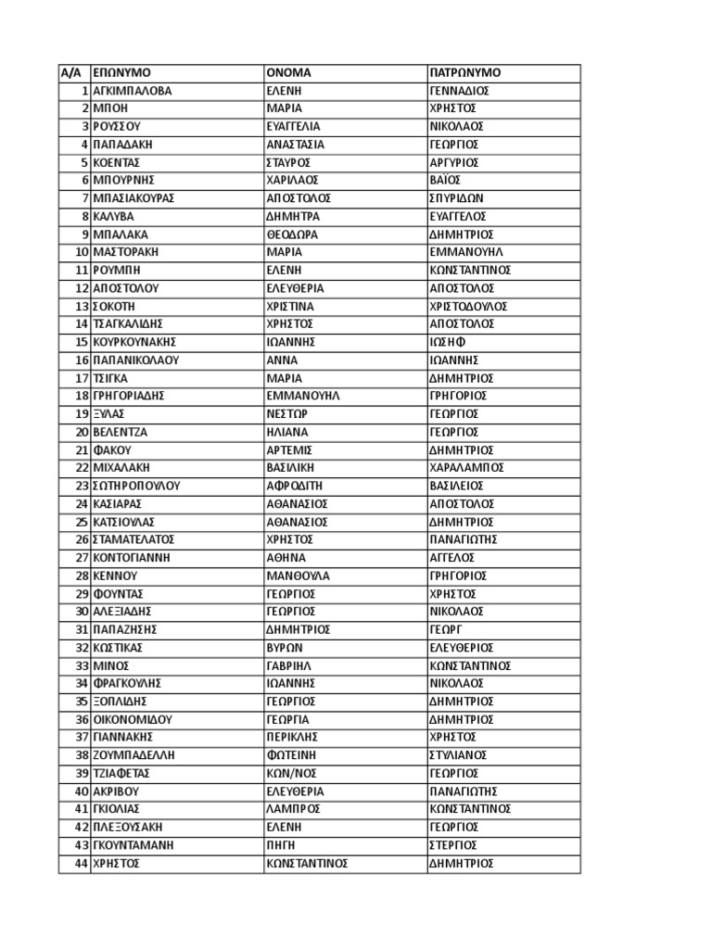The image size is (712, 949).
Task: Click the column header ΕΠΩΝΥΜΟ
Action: [x=121, y=72]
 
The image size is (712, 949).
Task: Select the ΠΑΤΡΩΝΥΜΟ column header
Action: [x=465, y=72]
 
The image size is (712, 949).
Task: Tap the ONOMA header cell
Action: [x=288, y=72]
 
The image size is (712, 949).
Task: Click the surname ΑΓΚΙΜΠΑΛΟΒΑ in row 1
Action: [x=133, y=91]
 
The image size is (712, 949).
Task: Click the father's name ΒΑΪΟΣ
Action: [x=446, y=181]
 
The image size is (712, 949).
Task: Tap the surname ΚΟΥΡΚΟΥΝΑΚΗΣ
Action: [x=134, y=342]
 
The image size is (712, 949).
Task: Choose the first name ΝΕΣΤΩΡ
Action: [x=286, y=413]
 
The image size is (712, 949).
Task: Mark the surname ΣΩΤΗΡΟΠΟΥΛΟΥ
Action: [x=136, y=486]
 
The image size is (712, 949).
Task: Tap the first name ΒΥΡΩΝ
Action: [x=284, y=648]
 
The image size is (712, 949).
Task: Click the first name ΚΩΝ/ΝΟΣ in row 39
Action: [x=287, y=773]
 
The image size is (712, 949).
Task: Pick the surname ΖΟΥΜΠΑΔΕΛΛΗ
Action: [x=133, y=755]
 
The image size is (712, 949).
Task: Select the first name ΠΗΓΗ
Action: [x=280, y=845]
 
